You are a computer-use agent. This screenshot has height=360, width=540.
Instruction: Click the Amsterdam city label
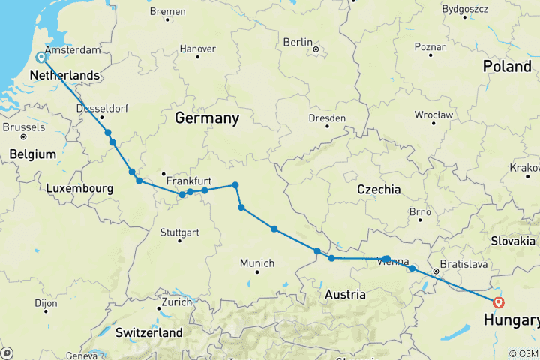click(x=74, y=49)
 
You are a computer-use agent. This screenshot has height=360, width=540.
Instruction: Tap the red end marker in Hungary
click(x=499, y=303)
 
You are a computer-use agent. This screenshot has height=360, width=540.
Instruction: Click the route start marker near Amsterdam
click(x=41, y=56)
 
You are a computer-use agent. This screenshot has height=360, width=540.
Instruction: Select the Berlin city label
click(x=297, y=43)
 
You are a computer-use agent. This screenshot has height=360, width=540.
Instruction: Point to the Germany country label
click(x=207, y=118)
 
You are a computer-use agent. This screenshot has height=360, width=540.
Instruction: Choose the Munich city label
click(x=257, y=263)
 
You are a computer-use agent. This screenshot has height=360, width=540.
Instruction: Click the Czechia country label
click(x=378, y=190)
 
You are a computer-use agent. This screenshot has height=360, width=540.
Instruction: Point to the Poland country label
click(x=506, y=67)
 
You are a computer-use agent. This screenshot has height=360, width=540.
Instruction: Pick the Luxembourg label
click(x=79, y=189)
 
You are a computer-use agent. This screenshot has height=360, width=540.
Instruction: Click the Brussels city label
click(x=23, y=127)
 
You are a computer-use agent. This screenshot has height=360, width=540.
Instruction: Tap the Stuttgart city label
click(x=179, y=232)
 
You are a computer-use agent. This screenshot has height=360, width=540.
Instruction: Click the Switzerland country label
click(x=149, y=332)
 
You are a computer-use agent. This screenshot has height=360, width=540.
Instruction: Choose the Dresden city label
click(x=327, y=118)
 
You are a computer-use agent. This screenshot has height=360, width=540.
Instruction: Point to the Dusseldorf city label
click(x=100, y=107)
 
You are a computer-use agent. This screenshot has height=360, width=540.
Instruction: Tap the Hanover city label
click(x=197, y=49)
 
